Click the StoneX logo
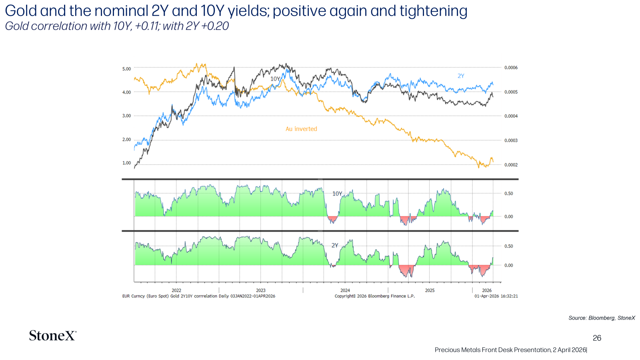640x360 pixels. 52,336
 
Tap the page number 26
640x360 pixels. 597,338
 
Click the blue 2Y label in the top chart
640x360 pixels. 461,76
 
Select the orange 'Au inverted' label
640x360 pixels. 302,129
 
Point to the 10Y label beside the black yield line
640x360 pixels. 275,78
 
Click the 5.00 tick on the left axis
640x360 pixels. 126,69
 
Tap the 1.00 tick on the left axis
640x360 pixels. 126,163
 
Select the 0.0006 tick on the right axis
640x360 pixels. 511,68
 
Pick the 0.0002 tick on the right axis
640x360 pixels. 511,165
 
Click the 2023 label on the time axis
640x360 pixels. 260,290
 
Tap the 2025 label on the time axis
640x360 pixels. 430,290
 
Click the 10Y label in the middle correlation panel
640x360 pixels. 337,194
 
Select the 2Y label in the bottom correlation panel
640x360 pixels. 335,245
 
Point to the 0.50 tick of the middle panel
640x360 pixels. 508,194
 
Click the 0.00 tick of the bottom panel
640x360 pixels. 508,266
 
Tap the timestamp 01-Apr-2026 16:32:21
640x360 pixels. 496,296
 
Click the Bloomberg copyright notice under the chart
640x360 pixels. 374,296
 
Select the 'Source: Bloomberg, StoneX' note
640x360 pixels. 602,318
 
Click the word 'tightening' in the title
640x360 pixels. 433,11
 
